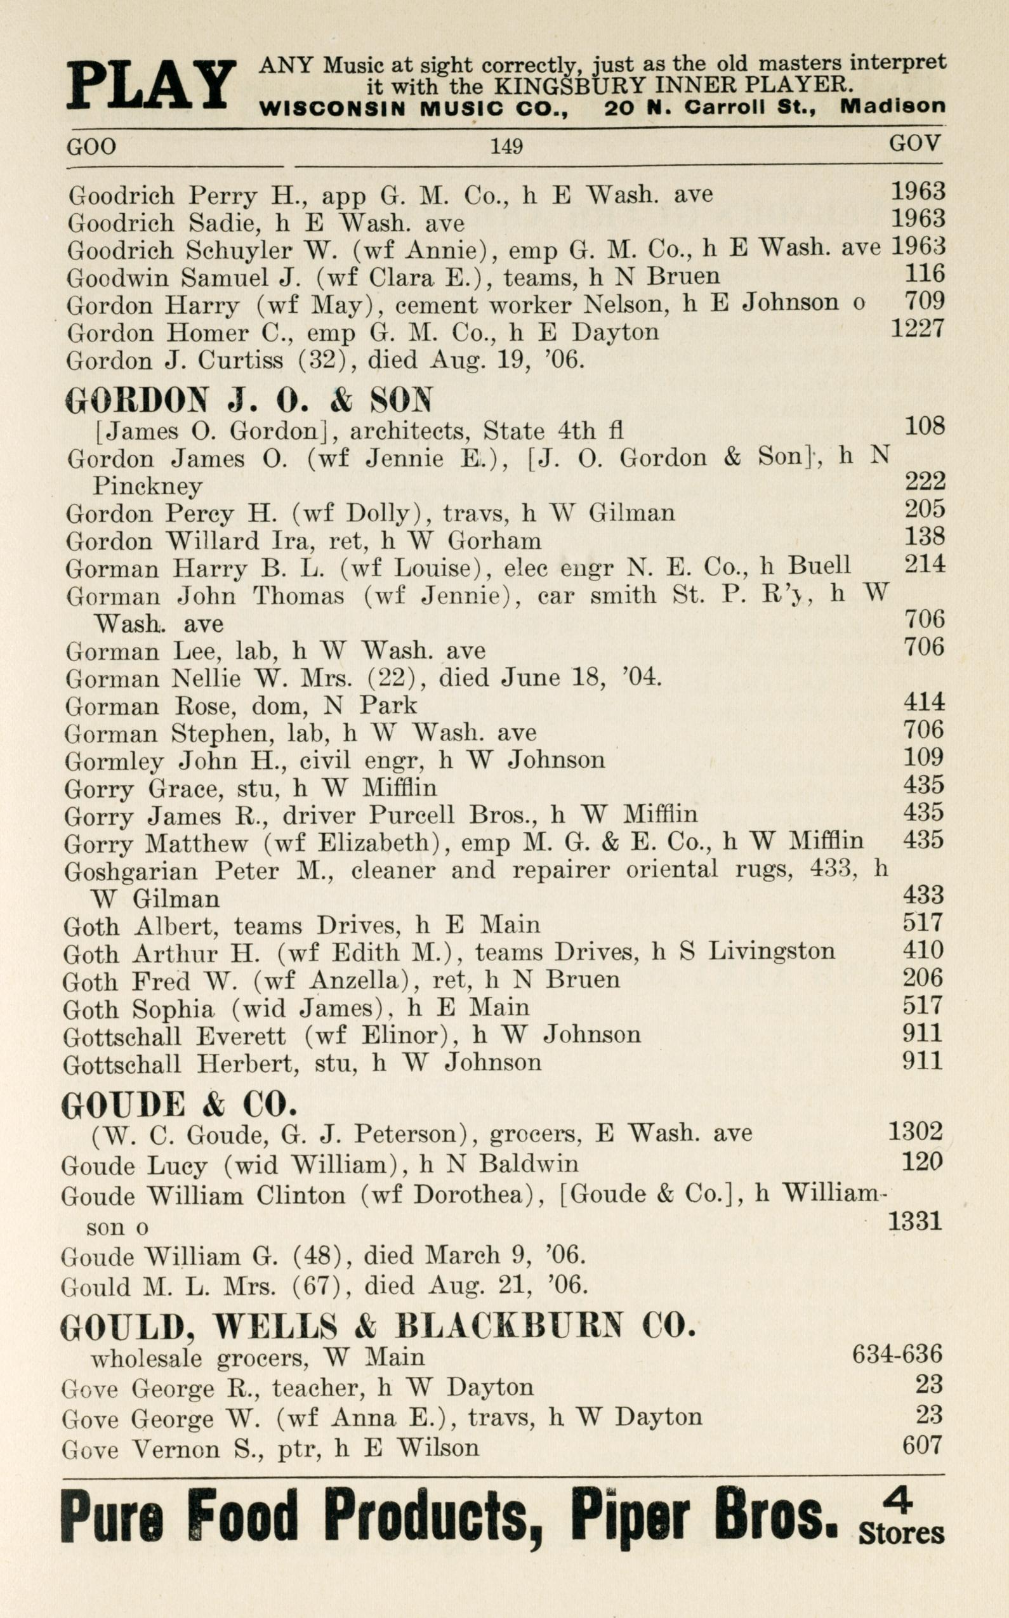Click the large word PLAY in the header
[x=151, y=85]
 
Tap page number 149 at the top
[x=506, y=145]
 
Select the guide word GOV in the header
[x=914, y=143]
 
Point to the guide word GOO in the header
[x=91, y=146]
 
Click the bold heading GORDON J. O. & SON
[x=248, y=400]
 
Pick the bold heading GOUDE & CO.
[x=178, y=1105]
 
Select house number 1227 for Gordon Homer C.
[x=918, y=328]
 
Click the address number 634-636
[x=897, y=1354]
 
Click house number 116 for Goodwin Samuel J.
[x=924, y=273]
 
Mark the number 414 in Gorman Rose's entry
[x=923, y=702]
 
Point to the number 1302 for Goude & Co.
[x=915, y=1131]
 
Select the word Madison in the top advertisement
[x=892, y=107]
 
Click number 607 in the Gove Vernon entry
[x=922, y=1445]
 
